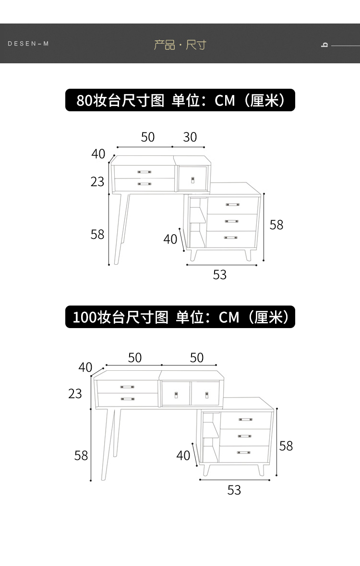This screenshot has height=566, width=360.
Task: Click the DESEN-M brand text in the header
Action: (x=28, y=44)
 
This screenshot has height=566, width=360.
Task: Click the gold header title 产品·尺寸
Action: (x=180, y=45)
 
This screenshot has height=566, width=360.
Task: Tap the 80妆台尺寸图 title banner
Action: (x=180, y=101)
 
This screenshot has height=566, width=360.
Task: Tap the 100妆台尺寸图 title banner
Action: (x=180, y=317)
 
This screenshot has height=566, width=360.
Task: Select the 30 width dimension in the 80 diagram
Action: (x=190, y=137)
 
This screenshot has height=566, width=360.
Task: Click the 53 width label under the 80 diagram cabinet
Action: (x=219, y=275)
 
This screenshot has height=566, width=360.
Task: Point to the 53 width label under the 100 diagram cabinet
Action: (x=234, y=490)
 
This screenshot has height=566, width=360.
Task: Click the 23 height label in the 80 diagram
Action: (x=97, y=182)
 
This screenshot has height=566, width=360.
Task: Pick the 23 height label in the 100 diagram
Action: (x=75, y=394)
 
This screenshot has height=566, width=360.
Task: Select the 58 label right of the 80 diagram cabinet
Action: (x=276, y=224)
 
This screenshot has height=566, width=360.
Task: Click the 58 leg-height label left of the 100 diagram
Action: (x=81, y=455)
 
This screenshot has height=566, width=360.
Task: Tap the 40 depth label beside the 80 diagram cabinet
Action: (x=170, y=239)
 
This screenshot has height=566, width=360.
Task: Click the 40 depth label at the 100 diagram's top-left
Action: (x=85, y=367)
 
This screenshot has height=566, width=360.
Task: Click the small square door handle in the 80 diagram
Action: (x=193, y=180)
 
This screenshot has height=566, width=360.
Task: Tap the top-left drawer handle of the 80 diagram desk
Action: (x=144, y=171)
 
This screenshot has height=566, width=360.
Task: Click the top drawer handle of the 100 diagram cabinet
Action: (x=246, y=420)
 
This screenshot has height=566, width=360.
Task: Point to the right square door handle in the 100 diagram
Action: (x=207, y=395)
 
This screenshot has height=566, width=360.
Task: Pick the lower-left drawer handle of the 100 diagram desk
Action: (x=127, y=399)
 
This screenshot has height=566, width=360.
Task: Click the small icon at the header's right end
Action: (x=324, y=45)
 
